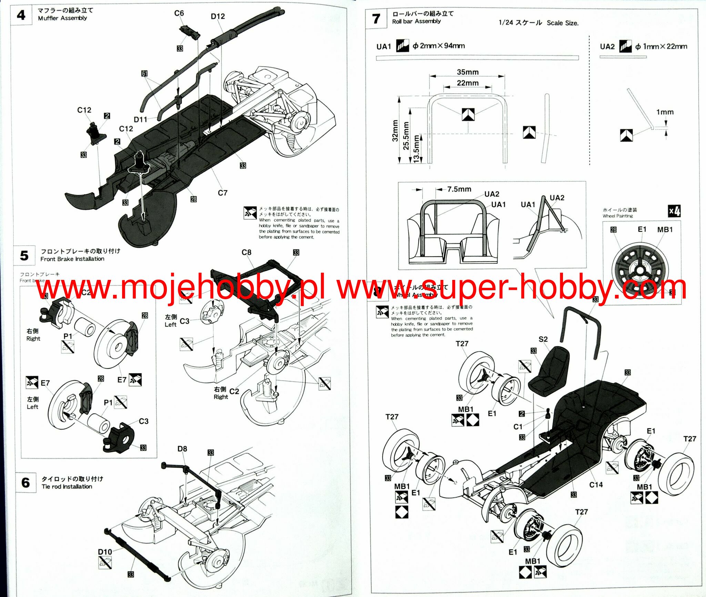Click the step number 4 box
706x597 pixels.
(21, 15)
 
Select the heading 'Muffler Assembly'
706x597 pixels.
(62, 18)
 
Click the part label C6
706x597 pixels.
(179, 13)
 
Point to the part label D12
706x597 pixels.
(218, 16)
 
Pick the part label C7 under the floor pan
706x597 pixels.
(223, 193)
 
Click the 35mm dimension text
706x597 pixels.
(468, 72)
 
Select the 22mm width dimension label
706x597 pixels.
(468, 83)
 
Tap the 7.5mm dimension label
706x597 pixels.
(459, 189)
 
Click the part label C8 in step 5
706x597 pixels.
(246, 252)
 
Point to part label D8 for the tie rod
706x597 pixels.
(182, 449)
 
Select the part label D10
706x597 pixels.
(105, 552)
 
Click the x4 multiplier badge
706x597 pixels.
(674, 211)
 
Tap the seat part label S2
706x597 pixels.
(543, 339)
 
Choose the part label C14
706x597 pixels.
(596, 485)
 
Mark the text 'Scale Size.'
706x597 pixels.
(563, 23)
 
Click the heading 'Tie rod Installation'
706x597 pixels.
(67, 487)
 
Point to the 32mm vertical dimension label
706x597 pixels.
(395, 131)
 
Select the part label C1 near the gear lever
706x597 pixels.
(518, 427)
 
